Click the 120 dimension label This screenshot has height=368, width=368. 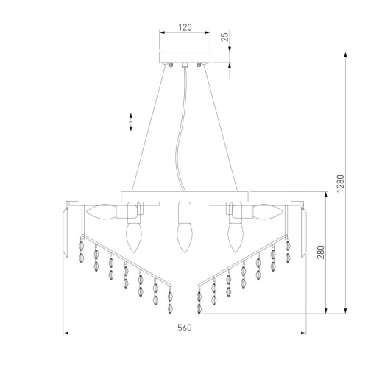pyautogui.click(x=185, y=27)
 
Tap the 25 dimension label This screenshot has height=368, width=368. pyautogui.click(x=224, y=37)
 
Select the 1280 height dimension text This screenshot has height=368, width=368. pyautogui.click(x=341, y=183)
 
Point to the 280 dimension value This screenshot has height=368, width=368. pyautogui.click(x=320, y=252)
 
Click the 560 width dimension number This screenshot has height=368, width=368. pyautogui.click(x=185, y=328)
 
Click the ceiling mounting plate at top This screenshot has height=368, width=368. pyautogui.click(x=185, y=57)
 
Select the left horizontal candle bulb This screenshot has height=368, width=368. pyautogui.click(x=101, y=211)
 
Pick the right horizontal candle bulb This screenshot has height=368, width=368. pyautogui.click(x=268, y=211)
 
